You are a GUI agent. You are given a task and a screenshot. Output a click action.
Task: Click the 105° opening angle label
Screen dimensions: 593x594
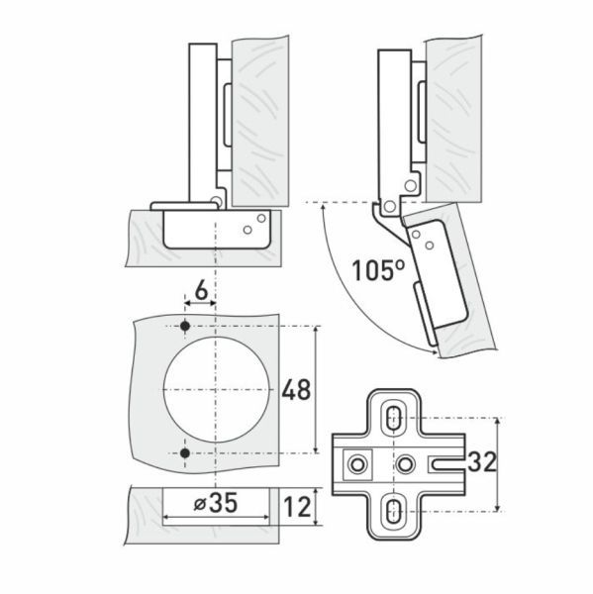point(378,269)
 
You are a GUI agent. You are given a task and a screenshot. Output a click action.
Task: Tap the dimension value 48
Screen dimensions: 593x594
point(296,389)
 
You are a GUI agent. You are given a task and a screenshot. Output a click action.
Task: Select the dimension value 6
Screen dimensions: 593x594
point(201,290)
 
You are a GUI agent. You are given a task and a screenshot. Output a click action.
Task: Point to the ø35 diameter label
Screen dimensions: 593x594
point(216,503)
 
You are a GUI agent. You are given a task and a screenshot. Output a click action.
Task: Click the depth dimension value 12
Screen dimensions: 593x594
point(297,507)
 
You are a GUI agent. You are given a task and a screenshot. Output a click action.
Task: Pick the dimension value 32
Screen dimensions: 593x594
point(481,461)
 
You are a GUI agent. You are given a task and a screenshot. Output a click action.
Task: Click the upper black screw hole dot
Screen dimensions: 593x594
point(185,326)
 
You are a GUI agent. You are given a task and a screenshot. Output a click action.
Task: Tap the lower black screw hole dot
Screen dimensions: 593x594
point(185,452)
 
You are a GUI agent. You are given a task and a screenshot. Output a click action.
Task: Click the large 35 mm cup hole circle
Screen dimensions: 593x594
point(164,389)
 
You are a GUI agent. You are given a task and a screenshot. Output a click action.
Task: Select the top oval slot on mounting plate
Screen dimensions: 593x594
point(394,418)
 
